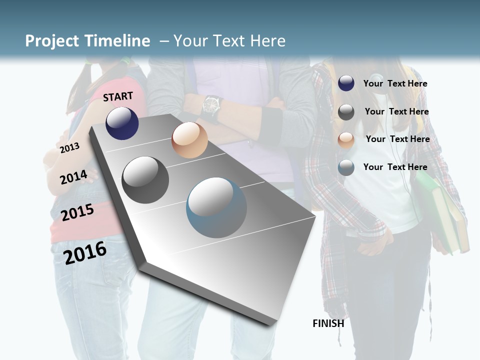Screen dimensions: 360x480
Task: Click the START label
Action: [118, 96]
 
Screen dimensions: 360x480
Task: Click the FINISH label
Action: [328, 323]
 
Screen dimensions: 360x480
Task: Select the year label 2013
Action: [69, 147]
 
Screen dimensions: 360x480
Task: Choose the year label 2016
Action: [85, 253]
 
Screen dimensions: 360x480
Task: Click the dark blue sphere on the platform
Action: [122, 123]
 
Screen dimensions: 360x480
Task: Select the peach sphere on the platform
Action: [189, 140]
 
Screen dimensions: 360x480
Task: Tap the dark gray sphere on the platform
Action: [145, 179]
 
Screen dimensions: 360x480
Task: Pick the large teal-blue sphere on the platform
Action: [216, 207]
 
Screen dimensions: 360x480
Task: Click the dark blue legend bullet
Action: [346, 83]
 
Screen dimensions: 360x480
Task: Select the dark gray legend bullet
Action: [346, 112]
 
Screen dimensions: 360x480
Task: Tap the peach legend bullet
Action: [346, 140]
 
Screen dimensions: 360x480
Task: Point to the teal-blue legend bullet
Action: [346, 167]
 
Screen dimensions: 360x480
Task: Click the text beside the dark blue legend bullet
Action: [395, 83]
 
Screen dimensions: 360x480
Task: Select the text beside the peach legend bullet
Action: [397, 139]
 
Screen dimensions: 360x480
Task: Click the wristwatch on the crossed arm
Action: [212, 105]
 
